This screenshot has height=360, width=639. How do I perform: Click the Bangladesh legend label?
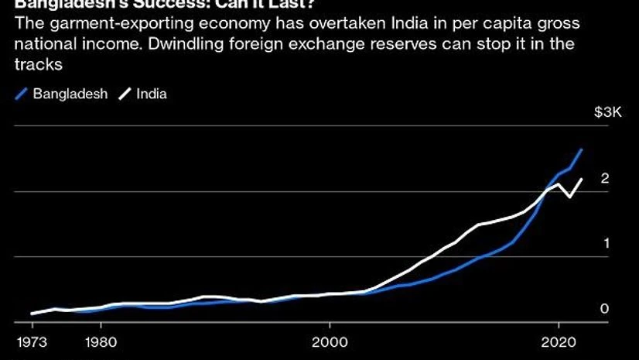coord(70,94)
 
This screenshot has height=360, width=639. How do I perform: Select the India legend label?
coord(151,94)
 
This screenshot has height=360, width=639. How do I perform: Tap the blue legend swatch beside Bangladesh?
coord(21,95)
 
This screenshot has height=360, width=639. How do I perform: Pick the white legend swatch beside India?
coord(124,95)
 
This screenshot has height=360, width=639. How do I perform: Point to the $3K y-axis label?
coord(607,113)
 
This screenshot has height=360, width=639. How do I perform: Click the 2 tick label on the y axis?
coord(605,179)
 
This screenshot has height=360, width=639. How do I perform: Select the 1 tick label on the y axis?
coord(605,243)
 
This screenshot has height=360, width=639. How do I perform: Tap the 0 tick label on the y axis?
coord(605,309)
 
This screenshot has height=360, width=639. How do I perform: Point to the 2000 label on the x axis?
coord(330,341)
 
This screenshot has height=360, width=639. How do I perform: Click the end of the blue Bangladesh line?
coord(582,149)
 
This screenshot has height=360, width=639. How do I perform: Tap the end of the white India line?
coord(582,179)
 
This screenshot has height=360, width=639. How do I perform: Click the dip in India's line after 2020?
coord(570,197)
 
